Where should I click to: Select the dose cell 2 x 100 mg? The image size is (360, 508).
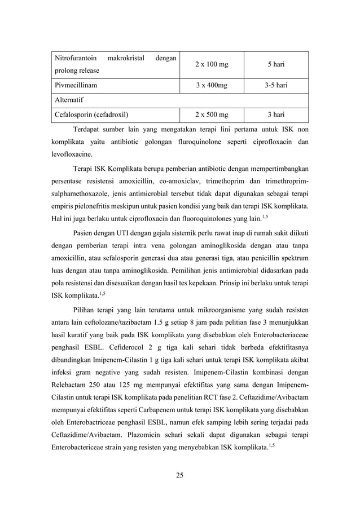[212, 65]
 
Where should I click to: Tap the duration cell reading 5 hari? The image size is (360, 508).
[275, 65]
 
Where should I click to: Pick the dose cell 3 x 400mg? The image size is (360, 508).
[212, 86]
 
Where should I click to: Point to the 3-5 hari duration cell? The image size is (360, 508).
[275, 86]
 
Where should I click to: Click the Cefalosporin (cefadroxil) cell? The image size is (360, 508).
[91, 114]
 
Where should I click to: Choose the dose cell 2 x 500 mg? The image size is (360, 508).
[212, 114]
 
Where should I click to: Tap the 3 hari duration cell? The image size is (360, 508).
[275, 114]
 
